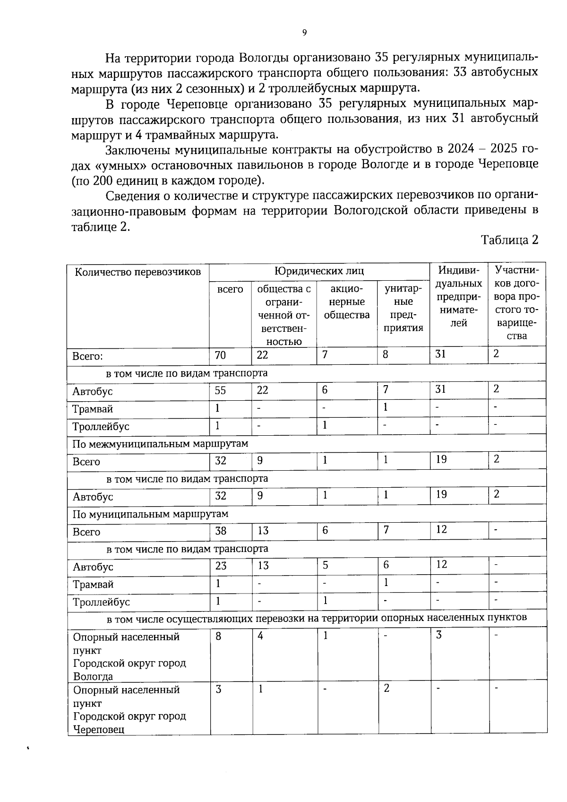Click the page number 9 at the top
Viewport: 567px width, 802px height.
(x=304, y=32)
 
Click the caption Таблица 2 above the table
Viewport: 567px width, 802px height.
(x=509, y=240)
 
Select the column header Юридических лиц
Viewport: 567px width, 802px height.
(x=319, y=271)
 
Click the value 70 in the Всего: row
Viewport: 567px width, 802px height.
(x=220, y=355)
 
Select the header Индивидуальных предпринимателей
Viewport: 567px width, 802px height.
(x=458, y=296)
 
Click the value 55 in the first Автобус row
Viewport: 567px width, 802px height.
(x=220, y=390)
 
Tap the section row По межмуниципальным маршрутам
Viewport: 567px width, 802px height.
(x=160, y=444)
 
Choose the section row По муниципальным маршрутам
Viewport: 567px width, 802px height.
(x=150, y=514)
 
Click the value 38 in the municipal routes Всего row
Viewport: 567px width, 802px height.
(x=221, y=530)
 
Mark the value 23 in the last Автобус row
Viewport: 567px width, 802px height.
(x=221, y=565)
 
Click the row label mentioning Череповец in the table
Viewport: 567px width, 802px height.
(x=129, y=709)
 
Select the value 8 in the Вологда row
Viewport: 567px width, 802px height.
(x=218, y=636)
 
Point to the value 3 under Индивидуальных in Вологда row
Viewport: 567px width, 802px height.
(x=438, y=635)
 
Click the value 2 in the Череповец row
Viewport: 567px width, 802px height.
(x=387, y=689)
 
